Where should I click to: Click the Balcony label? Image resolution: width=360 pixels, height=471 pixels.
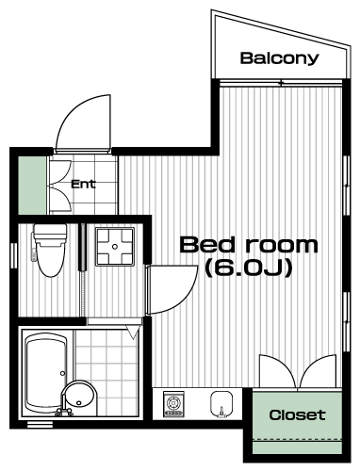(279, 58)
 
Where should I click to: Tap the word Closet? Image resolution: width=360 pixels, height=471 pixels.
(297, 415)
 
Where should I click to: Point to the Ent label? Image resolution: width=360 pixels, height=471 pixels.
(83, 184)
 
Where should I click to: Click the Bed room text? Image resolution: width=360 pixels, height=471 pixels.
(249, 245)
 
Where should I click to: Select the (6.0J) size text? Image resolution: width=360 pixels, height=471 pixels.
(249, 268)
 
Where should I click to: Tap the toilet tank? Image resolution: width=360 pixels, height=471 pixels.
(50, 235)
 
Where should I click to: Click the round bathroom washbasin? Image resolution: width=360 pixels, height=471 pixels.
(79, 398)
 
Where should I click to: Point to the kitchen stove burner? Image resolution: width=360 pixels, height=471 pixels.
(172, 403)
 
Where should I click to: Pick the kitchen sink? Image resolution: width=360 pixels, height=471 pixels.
(221, 404)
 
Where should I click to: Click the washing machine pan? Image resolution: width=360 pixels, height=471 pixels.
(115, 247)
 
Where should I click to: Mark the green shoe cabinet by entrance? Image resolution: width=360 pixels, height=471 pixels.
(32, 186)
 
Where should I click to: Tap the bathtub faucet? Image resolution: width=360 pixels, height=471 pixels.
(64, 412)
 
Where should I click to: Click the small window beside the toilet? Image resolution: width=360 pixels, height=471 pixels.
(14, 256)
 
